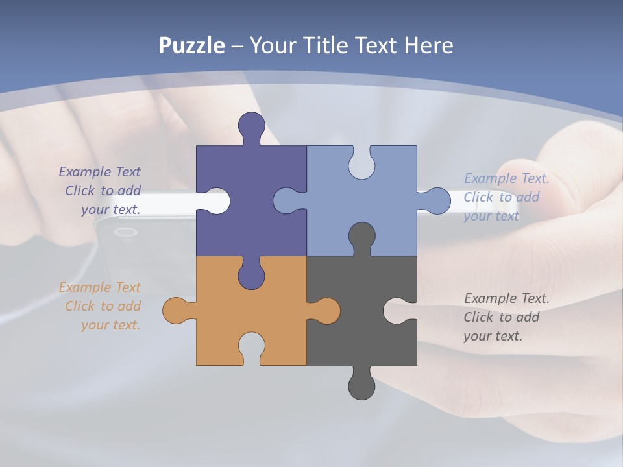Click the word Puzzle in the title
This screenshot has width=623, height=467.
tap(191, 46)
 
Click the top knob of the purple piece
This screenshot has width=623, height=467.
tap(252, 125)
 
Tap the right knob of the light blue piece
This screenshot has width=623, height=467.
tap(438, 201)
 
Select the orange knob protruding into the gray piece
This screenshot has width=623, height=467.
tap(327, 310)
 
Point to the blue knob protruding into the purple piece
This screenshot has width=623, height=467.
tap(286, 201)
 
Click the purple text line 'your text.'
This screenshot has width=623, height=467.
tap(111, 210)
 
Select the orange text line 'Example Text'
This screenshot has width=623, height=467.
tap(99, 287)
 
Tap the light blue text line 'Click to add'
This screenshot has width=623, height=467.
tap(501, 197)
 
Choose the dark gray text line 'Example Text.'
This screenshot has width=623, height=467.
tap(507, 298)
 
